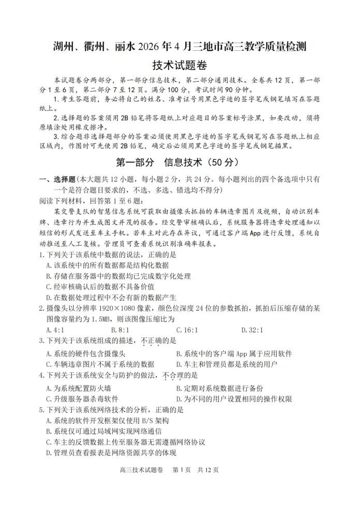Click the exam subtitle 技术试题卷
tap(179, 66)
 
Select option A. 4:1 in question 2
tap(55, 330)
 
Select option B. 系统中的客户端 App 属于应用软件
tap(234, 354)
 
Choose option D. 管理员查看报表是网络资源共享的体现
tap(111, 453)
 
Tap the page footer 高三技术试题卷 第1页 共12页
tap(169, 484)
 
